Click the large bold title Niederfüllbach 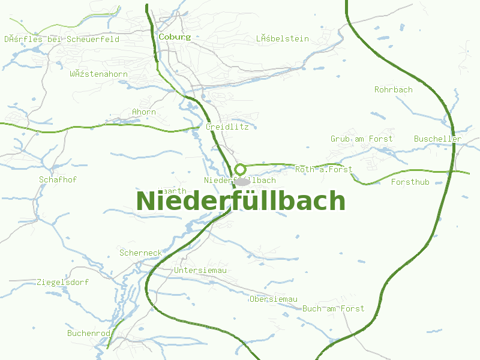241,201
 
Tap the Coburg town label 175,37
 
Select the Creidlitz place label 227,127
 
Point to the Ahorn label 144,112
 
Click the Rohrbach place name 394,89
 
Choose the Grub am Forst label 361,139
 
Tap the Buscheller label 437,139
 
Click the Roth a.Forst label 323,169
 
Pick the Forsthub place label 410,182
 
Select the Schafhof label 58,179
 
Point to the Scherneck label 140,253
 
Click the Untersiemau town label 200,271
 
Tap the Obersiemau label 274,299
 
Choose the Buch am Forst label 333,308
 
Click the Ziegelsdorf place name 62,281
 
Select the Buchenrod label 89,332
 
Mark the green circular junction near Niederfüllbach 240,169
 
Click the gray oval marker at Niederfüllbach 241,181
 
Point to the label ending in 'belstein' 282,39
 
